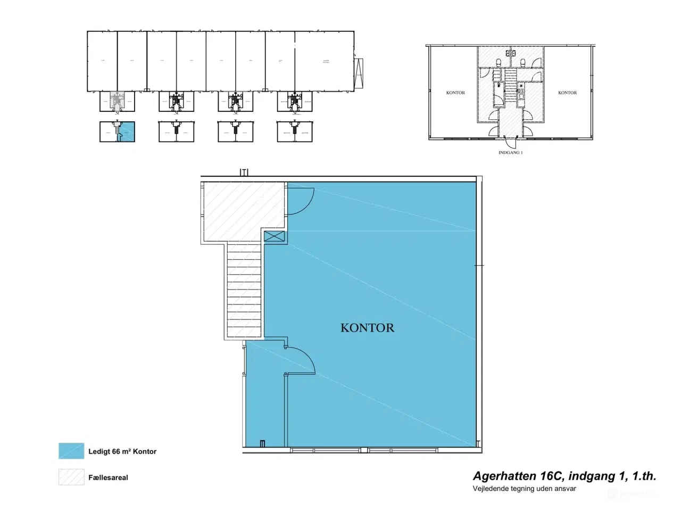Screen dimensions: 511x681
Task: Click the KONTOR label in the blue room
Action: (x=367, y=328)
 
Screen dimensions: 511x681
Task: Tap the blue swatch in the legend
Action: (x=71, y=451)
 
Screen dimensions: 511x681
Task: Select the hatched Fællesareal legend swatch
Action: (x=71, y=477)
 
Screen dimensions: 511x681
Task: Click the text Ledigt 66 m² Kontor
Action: (x=122, y=451)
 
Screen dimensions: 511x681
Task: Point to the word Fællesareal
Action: (x=108, y=477)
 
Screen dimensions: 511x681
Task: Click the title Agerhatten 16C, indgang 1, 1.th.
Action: (x=564, y=476)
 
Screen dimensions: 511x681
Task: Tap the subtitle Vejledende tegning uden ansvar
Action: (x=524, y=489)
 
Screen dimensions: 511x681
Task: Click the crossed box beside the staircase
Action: (x=275, y=237)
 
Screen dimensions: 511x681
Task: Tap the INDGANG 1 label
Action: (x=510, y=153)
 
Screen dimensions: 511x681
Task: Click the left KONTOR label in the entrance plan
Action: (x=455, y=93)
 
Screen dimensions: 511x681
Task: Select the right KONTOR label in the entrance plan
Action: (x=567, y=93)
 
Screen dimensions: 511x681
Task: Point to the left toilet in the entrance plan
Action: (x=499, y=63)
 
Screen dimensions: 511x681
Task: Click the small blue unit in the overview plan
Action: (x=127, y=131)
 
